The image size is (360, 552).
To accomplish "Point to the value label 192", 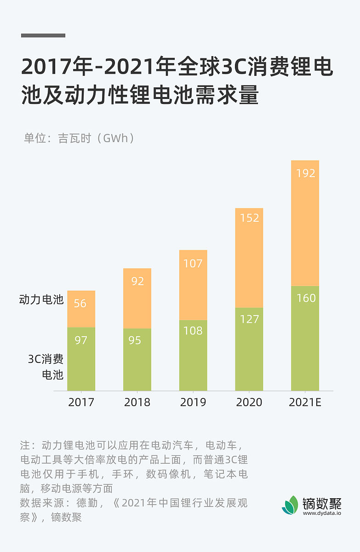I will point(305,173).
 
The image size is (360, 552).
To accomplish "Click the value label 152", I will point(250,218).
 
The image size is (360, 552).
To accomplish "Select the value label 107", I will point(193,264).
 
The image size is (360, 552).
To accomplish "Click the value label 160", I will point(306,298).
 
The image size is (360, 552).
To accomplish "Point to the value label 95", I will point(135,340).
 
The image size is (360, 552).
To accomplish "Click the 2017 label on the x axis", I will point(81,402).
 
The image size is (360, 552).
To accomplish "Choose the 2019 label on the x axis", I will point(193,402).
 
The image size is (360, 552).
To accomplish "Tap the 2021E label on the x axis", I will point(305,402).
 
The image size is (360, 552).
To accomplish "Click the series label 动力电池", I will point(41,300).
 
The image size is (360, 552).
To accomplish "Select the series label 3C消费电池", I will point(46,367).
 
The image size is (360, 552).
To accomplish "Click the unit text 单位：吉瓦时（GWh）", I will point(79,138).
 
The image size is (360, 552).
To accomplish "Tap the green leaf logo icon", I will point(290,505).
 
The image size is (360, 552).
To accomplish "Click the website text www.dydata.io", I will point(322,513).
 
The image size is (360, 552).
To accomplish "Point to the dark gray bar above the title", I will point(43,35).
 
